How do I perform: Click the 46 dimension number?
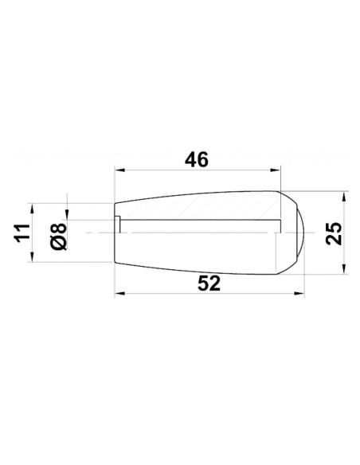(196, 159)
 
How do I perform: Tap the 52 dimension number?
(209, 283)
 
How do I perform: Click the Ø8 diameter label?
(57, 236)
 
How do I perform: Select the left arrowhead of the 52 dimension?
(119, 294)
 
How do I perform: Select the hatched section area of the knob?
(199, 206)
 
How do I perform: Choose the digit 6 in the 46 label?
(202, 159)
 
